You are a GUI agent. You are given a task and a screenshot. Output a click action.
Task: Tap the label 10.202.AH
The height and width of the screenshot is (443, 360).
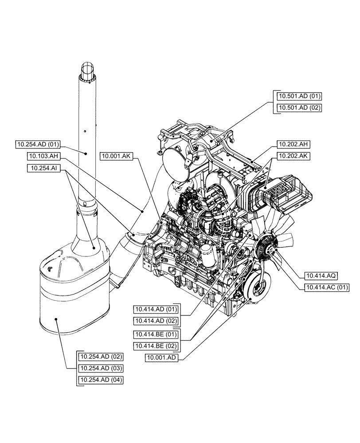tap(293, 144)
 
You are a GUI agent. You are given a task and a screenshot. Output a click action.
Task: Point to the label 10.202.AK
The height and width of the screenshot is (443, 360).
tap(293, 156)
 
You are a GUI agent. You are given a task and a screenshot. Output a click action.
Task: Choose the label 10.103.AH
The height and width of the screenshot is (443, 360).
tap(43, 156)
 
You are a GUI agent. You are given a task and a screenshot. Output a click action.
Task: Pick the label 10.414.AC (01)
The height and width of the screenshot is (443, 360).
tap(325, 288)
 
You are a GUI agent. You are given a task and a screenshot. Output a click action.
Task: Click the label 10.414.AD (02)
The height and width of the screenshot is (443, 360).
tap(156, 320)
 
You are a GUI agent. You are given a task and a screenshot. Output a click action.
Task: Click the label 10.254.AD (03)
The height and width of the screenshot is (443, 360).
tap(100, 368)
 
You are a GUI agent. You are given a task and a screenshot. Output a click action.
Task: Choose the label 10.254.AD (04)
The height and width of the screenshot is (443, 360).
tap(100, 380)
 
